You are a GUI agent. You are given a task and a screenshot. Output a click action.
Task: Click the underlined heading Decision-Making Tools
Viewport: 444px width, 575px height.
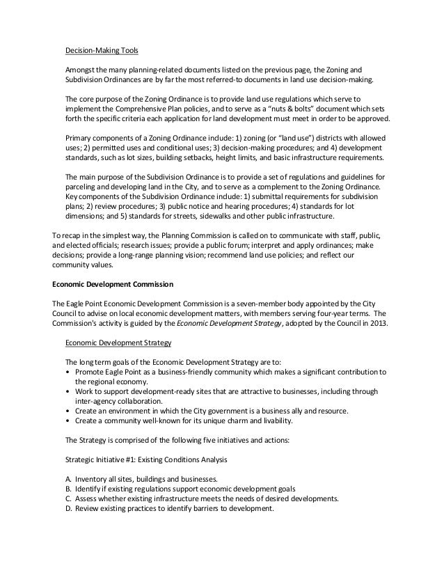(102, 51)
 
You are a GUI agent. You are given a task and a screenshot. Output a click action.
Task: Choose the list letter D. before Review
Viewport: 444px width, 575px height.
(68, 507)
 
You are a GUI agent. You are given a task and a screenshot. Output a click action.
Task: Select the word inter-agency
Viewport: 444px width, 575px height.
(96, 400)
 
